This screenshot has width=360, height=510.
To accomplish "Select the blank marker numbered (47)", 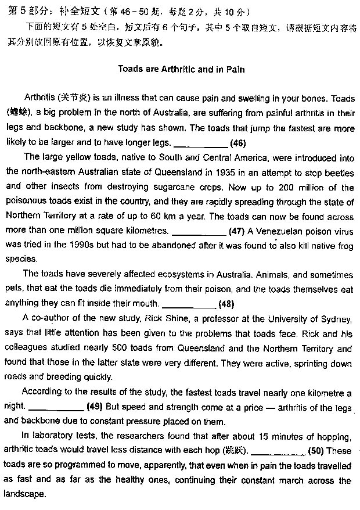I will pyautogui.click(x=236, y=231).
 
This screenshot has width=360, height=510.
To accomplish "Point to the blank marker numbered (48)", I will pyautogui.click(x=226, y=304).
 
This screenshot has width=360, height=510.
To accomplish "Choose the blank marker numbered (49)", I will pyautogui.click(x=94, y=407).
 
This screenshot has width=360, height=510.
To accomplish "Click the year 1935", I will pyautogui.click(x=225, y=172).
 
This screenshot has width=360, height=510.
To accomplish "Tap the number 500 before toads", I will pyautogui.click(x=113, y=349).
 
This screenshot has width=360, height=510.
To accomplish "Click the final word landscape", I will pyautogui.click(x=24, y=495).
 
